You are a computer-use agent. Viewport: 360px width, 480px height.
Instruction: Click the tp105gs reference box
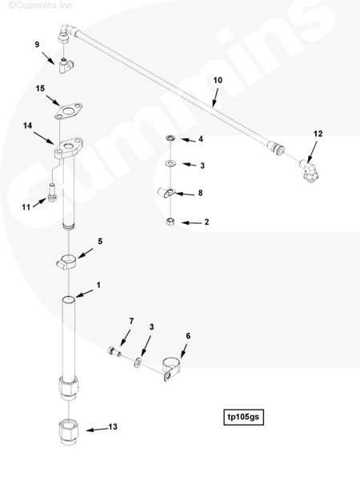tap(243, 417)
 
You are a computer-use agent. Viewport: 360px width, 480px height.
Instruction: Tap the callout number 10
tap(218, 80)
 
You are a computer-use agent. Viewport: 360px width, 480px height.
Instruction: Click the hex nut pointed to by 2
tap(170, 222)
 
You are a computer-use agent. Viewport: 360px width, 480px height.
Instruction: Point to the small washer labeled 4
tap(170, 138)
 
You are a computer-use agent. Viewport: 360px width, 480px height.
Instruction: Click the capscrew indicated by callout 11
tap(52, 192)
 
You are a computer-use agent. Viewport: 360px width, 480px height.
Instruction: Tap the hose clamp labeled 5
tap(66, 262)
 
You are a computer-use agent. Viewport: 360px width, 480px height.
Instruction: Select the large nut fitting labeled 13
tap(68, 432)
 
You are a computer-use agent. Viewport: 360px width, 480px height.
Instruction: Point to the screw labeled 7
tap(114, 351)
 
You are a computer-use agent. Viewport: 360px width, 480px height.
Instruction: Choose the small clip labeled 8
tap(166, 193)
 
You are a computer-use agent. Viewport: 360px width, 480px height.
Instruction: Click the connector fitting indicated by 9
tap(66, 66)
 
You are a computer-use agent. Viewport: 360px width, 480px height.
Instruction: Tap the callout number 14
tap(27, 126)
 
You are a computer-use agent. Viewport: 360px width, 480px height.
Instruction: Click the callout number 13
tap(113, 426)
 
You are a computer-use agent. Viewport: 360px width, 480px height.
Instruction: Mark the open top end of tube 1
tap(68, 298)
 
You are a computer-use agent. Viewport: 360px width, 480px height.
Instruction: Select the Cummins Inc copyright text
tap(40, 6)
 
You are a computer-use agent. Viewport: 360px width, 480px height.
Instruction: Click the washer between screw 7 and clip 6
tap(138, 363)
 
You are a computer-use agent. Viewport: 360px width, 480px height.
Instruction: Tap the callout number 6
tap(188, 336)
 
